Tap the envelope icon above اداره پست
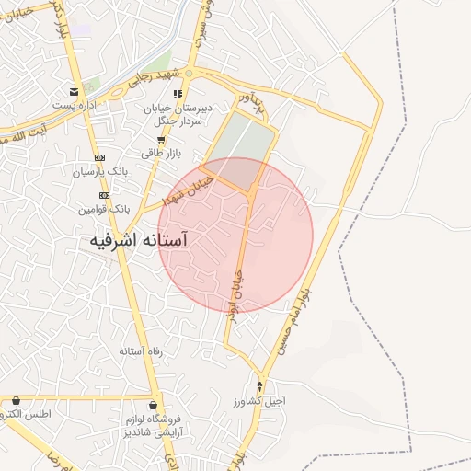click(73, 91)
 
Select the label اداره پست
click(74, 106)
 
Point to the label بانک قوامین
click(105, 210)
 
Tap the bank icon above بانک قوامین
click(105, 196)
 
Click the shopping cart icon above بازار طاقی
click(161, 140)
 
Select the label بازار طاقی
click(162, 154)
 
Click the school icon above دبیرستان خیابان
click(178, 94)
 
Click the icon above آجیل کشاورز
click(259, 385)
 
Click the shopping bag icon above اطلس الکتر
click(16, 400)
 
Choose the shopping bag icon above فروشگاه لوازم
click(153, 405)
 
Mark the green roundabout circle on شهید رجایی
click(189, 73)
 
